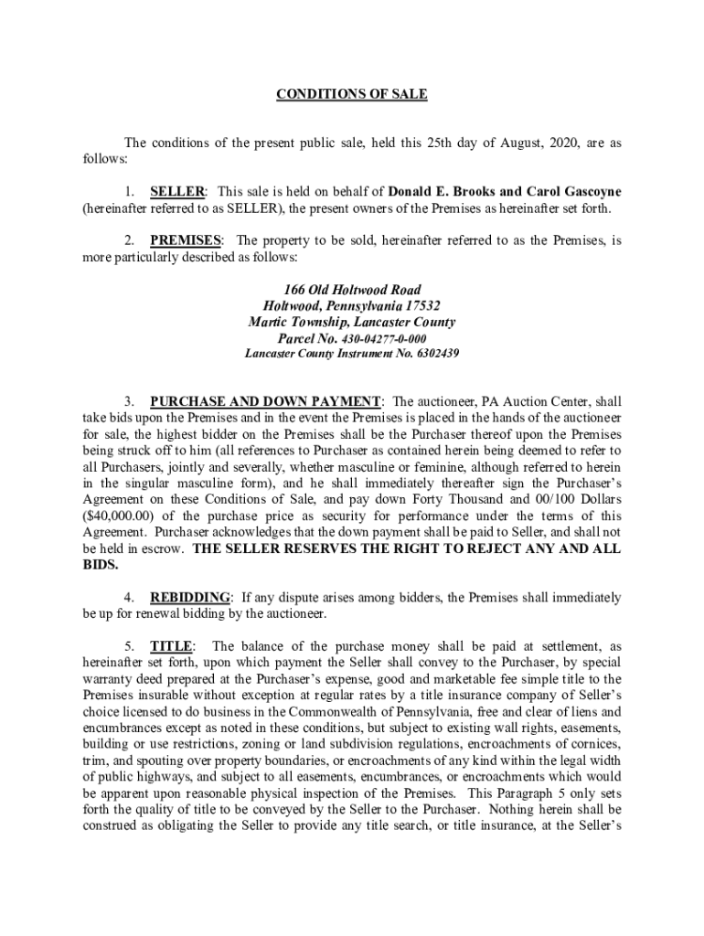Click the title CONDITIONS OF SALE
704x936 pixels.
tap(352, 94)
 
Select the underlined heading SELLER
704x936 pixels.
tap(177, 192)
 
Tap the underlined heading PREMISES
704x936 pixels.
tap(186, 240)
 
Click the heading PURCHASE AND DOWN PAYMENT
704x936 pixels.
tap(265, 401)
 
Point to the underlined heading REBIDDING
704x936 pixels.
tap(192, 598)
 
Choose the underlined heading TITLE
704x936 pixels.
tap(171, 646)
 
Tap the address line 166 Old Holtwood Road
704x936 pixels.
tap(351, 290)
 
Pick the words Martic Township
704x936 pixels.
tap(293, 323)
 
